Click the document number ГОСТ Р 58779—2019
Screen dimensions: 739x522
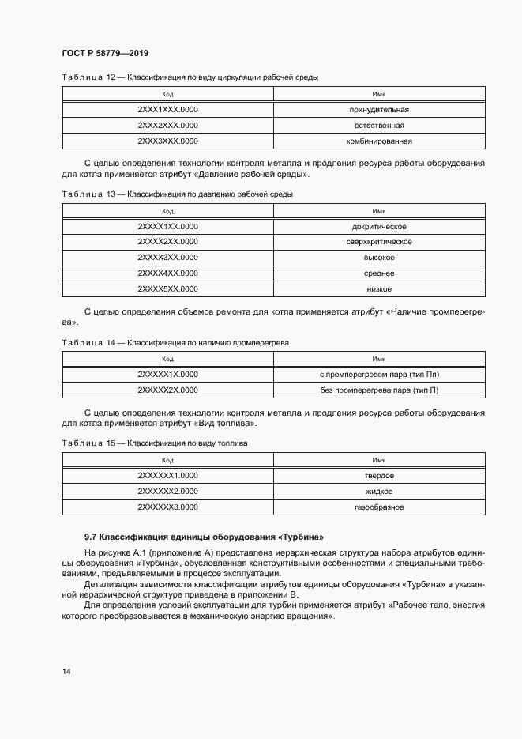pos(104,53)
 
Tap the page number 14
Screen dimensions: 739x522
pos(66,671)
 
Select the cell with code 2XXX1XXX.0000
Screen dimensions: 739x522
pos(167,110)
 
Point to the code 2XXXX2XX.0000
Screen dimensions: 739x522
pos(167,242)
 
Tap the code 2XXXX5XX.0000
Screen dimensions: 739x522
pos(167,288)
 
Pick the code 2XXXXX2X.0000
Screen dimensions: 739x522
pos(167,390)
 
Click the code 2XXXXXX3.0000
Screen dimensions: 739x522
pos(167,507)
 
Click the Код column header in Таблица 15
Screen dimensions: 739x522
pos(167,459)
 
